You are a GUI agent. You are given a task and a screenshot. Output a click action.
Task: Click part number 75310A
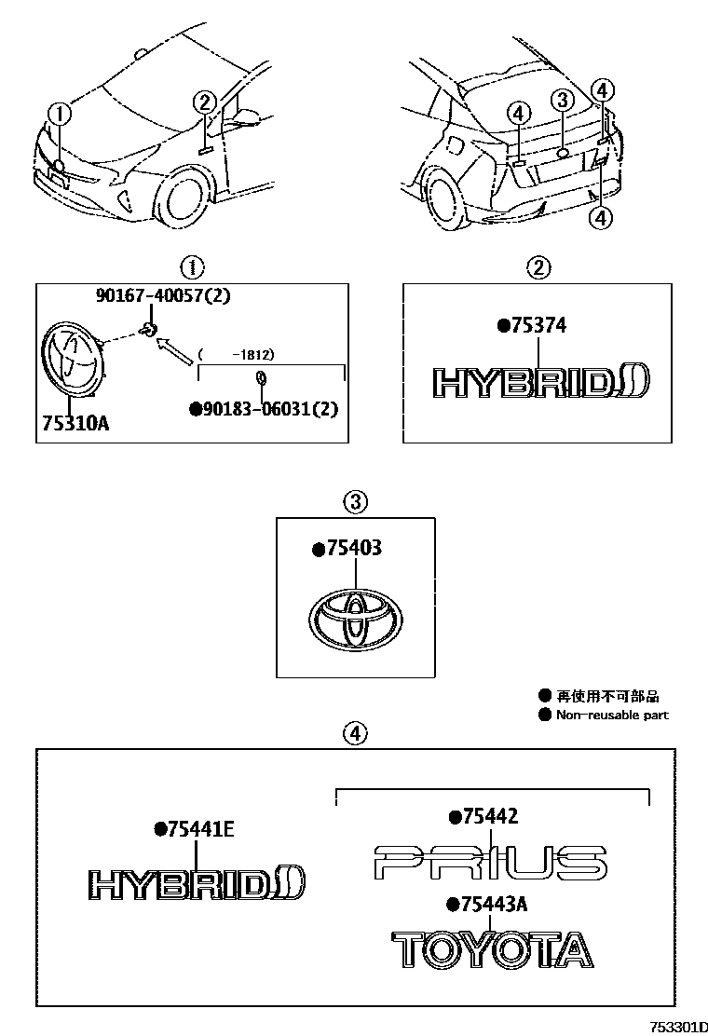(75, 423)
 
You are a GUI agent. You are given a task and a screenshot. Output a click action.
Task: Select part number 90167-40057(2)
(162, 296)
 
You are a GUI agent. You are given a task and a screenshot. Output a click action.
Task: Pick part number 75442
(488, 817)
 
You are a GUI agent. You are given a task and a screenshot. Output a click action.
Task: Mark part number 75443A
(492, 904)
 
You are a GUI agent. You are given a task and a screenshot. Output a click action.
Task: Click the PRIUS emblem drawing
(490, 863)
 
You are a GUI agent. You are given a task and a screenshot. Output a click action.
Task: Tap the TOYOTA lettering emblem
(491, 949)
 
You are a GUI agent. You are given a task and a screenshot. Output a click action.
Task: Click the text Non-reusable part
(612, 716)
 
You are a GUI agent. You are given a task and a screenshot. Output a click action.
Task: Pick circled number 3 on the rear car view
(562, 101)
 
